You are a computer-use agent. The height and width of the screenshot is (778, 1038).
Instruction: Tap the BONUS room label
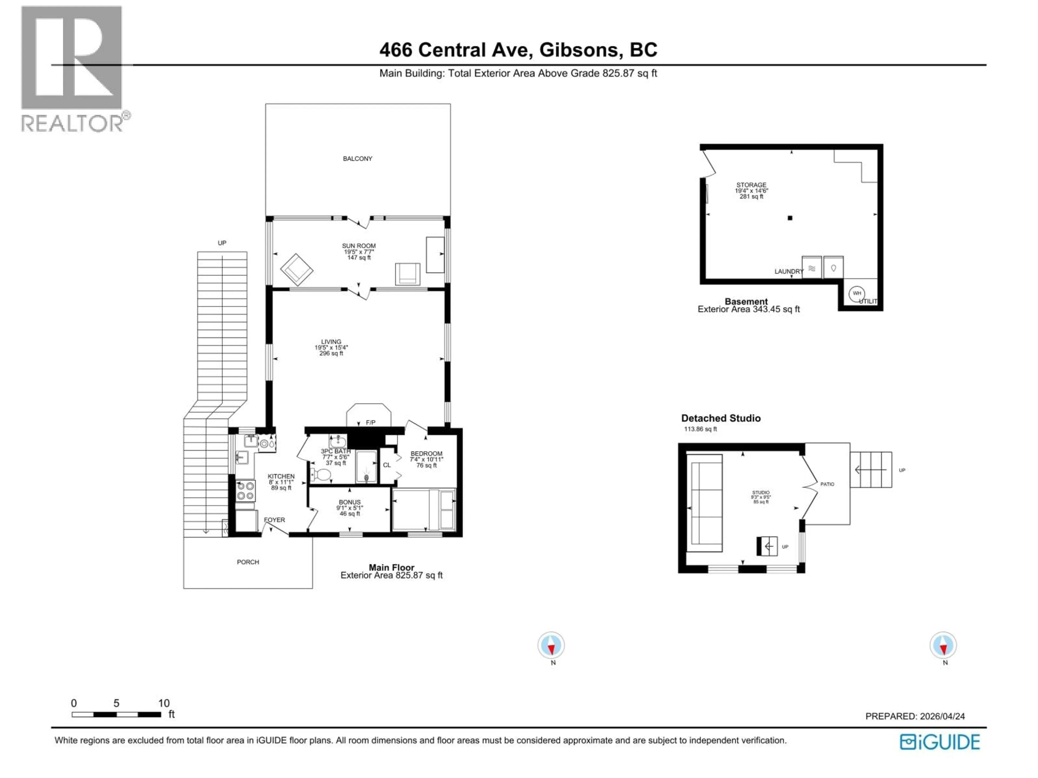pyautogui.click(x=350, y=502)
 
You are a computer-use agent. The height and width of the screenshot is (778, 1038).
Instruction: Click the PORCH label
pyautogui.click(x=248, y=562)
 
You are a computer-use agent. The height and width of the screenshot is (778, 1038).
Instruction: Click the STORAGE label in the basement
pyautogui.click(x=751, y=185)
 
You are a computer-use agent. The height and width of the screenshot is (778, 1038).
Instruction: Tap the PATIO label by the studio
pyautogui.click(x=827, y=484)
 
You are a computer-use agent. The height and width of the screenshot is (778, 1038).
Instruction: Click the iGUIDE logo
pyautogui.click(x=940, y=742)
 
